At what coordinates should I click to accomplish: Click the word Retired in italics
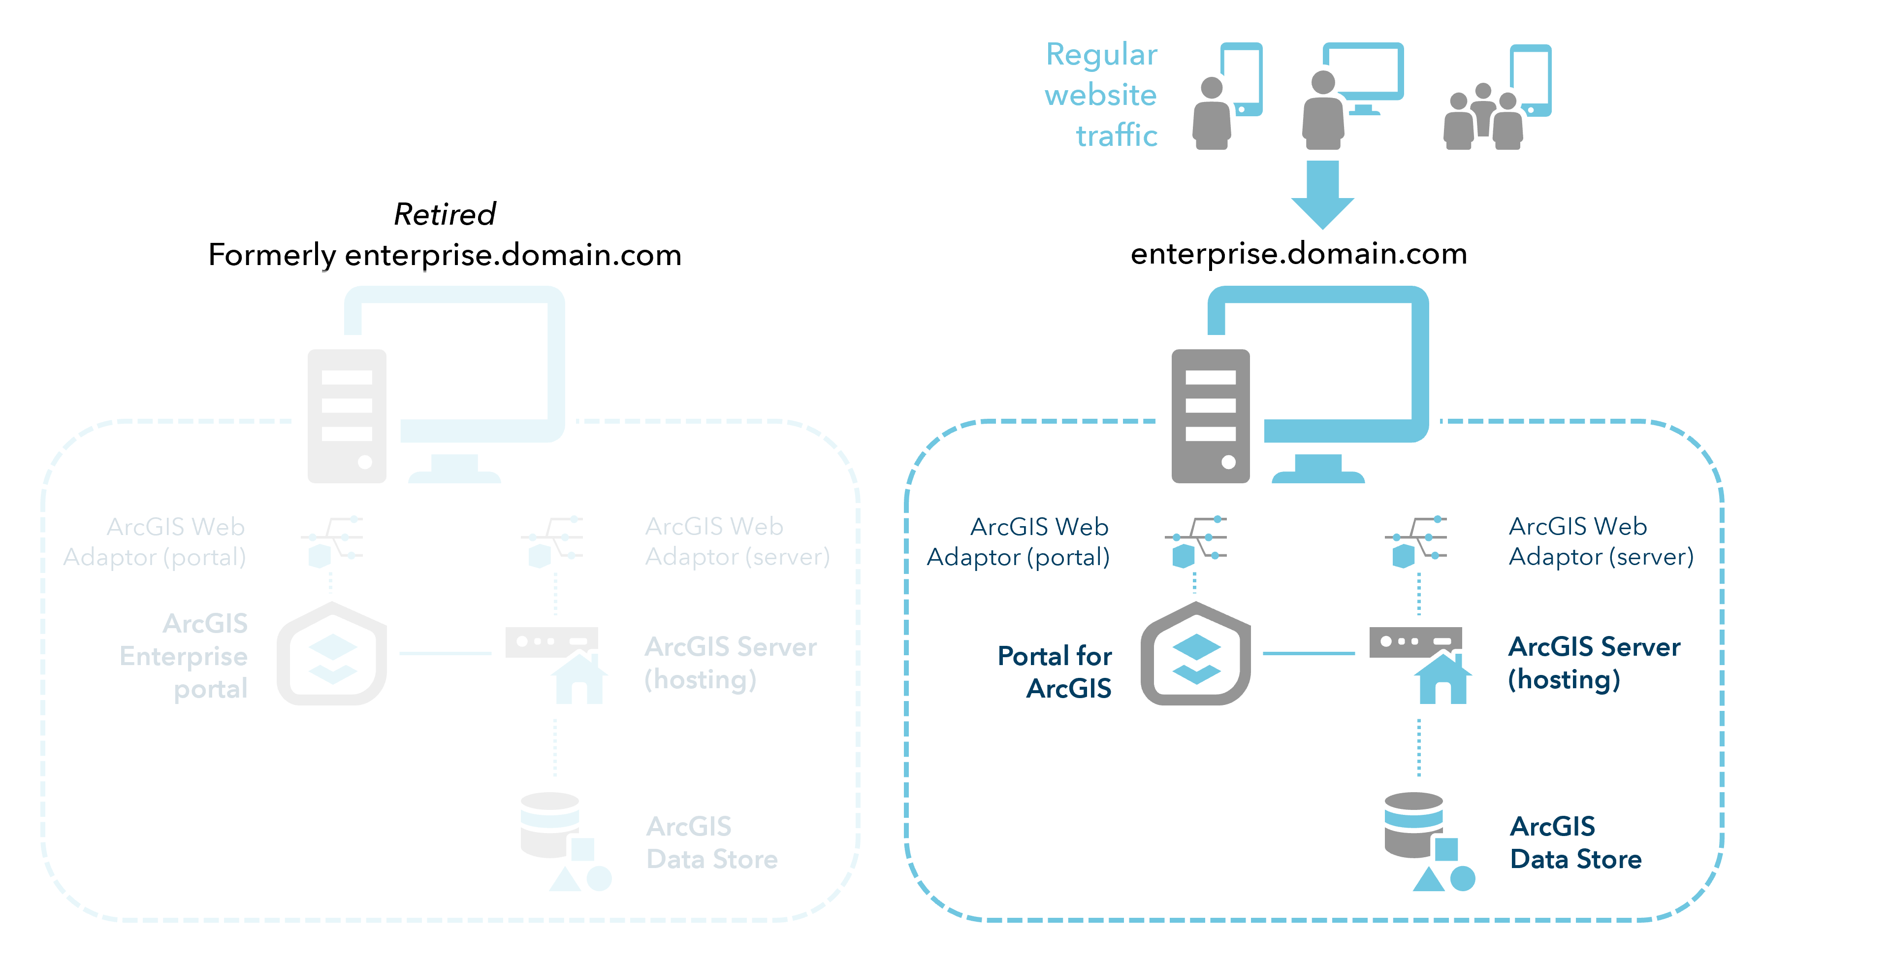(x=445, y=214)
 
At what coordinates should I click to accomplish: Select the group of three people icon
(x=1483, y=117)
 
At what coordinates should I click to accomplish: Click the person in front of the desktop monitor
(x=1323, y=110)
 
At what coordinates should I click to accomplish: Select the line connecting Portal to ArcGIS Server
(x=1308, y=653)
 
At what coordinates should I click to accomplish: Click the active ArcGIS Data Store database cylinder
(x=1413, y=824)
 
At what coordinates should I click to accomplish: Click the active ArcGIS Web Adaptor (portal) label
(x=1019, y=542)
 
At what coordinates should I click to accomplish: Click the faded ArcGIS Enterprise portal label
(x=184, y=656)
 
